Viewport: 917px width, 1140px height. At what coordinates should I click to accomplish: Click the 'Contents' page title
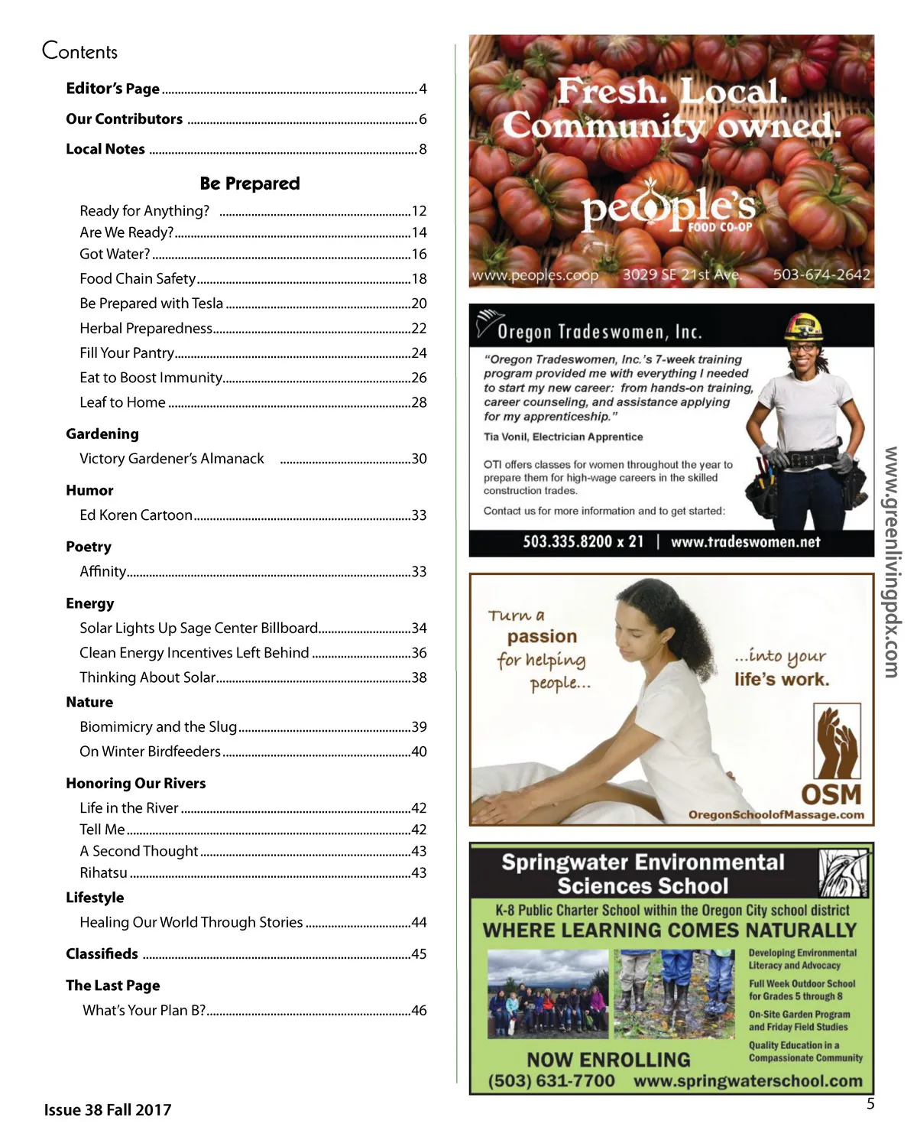(x=79, y=51)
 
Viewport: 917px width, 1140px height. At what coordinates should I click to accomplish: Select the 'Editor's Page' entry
(x=112, y=89)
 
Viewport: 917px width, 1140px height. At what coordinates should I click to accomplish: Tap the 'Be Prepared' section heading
(x=249, y=184)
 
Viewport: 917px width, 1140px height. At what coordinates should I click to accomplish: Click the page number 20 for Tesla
(x=419, y=304)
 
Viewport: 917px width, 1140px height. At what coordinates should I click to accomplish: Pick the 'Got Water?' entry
(x=115, y=254)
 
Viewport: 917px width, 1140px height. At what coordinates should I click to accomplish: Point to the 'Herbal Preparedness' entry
(x=145, y=328)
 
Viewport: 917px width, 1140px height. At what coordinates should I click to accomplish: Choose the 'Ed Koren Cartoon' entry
(x=135, y=515)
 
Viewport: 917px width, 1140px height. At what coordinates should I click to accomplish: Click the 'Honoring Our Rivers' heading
(x=135, y=783)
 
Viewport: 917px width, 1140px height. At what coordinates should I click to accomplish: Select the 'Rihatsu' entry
(x=103, y=872)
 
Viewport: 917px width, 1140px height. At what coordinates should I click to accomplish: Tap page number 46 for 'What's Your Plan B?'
(x=419, y=1010)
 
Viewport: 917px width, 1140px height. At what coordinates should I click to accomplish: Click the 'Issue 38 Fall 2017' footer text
(x=108, y=1109)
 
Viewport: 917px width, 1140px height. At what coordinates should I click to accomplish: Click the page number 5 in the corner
(x=870, y=1103)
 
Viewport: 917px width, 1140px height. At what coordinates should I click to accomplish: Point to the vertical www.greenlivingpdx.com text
(x=891, y=562)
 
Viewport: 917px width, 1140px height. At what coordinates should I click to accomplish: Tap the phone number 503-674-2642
(x=821, y=274)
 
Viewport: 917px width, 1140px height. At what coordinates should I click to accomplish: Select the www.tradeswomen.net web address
(x=745, y=542)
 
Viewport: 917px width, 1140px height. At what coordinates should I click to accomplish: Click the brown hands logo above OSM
(x=838, y=742)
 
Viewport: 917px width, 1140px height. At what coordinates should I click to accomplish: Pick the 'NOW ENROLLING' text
(x=608, y=1060)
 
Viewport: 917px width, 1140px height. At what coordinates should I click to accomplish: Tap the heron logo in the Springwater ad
(x=844, y=873)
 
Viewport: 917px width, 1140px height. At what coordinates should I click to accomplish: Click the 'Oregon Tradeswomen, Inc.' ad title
(x=599, y=332)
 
